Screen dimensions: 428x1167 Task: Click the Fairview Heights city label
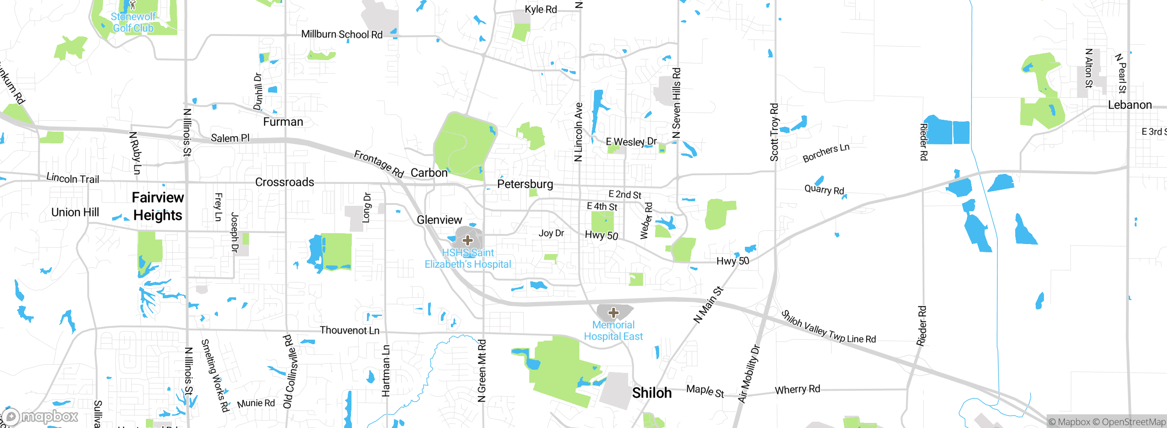[158, 206]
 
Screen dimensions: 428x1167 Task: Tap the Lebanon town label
[1130, 105]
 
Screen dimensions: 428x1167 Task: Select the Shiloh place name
[652, 393]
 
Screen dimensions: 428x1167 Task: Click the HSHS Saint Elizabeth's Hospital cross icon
[468, 240]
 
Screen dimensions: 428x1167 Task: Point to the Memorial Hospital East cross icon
[614, 313]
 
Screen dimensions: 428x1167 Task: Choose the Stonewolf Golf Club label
[133, 22]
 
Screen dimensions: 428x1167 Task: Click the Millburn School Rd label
[342, 35]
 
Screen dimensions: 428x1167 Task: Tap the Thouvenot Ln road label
[350, 330]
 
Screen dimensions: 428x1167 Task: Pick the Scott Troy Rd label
[774, 132]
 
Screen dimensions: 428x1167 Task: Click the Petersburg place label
[525, 184]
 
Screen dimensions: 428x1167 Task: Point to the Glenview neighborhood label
[439, 220]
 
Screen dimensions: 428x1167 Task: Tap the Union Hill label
[75, 212]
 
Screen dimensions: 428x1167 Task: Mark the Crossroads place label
[285, 182]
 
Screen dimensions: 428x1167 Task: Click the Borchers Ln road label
[826, 153]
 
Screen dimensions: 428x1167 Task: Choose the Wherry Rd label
[797, 389]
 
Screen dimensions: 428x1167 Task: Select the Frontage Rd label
[379, 164]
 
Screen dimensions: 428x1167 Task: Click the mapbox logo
[40, 416]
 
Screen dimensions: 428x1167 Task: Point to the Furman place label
[283, 122]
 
